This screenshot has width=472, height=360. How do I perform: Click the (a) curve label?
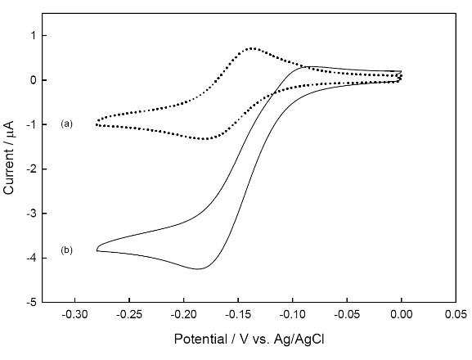click(66, 124)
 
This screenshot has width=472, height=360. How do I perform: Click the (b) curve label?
click(66, 250)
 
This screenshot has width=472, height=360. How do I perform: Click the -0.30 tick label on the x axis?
click(74, 314)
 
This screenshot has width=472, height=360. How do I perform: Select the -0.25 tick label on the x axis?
click(129, 314)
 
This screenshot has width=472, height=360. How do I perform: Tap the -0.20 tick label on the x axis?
click(183, 314)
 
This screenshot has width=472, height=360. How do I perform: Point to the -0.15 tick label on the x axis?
click(238, 314)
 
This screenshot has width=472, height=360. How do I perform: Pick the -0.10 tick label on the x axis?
click(292, 314)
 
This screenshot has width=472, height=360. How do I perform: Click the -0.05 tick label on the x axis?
click(347, 314)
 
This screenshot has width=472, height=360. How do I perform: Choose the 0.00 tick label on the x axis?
click(402, 314)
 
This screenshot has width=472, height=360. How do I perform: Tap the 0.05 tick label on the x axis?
click(456, 314)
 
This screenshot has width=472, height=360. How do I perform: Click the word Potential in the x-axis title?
click(200, 340)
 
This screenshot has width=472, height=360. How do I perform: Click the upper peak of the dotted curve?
click(252, 48)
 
